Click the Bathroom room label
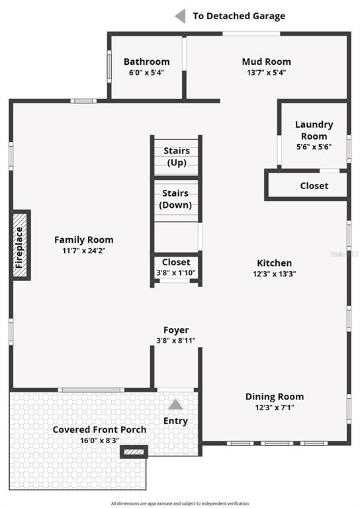coord(146,62)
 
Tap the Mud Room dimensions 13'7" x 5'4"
coord(266,72)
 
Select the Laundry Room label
coord(314,130)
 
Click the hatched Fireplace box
coord(20,245)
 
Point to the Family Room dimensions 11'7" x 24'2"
coord(84,251)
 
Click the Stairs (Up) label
coord(177,157)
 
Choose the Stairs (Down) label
coord(176,199)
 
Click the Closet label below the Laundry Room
coord(314,186)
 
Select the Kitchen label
coord(274,263)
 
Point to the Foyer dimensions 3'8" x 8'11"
coord(176,341)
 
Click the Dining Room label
coord(275,397)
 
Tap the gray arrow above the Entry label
coord(175,404)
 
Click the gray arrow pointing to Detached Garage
coord(180,16)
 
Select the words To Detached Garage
coord(239,16)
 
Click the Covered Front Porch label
coord(99,429)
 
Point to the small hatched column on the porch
coord(134,452)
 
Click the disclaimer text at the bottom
coord(180,503)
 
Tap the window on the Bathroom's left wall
coord(109,66)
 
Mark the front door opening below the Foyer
coord(175,390)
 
